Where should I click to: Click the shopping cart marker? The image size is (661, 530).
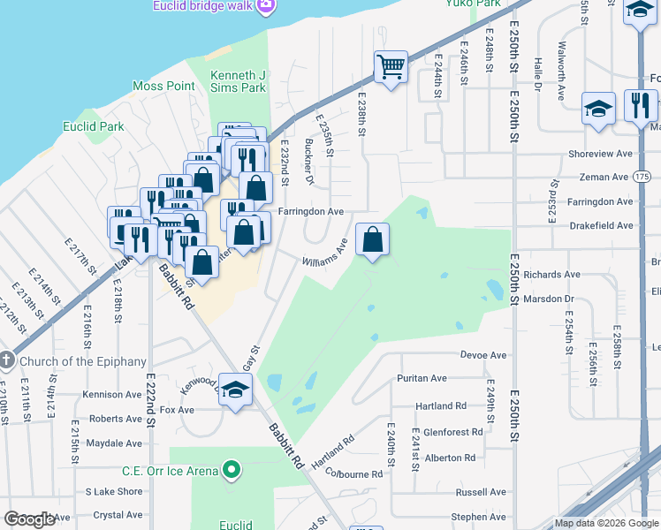coord(390,66)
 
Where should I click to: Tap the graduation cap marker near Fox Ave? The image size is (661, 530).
coord(235,390)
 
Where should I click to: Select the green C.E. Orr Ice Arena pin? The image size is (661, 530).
coord(232,470)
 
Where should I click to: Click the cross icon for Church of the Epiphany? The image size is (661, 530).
coord(7,360)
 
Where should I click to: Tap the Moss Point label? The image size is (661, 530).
coord(163,86)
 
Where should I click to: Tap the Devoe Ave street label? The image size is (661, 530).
coord(483,355)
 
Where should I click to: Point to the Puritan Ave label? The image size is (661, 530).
coord(422,378)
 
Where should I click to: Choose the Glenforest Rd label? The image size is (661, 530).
coord(453,432)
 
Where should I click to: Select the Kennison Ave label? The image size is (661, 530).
coord(111,395)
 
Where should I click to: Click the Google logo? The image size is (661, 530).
coord(29,519)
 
